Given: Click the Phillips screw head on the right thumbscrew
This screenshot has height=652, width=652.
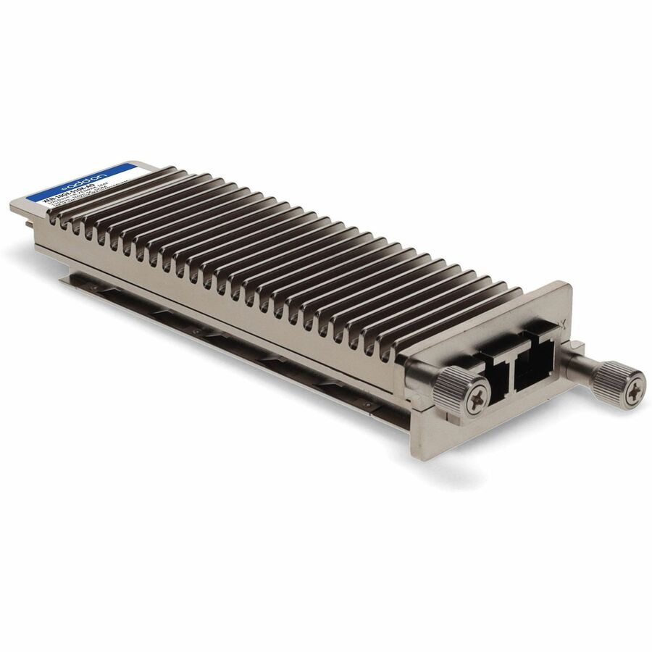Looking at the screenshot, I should (x=635, y=388).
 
